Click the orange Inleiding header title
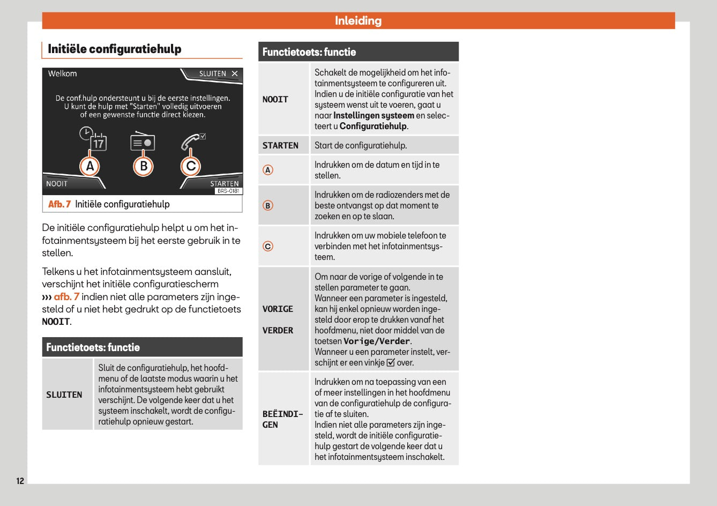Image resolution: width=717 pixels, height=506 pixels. pos(358,21)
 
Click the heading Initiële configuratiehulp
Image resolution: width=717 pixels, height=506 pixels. pos(115,49)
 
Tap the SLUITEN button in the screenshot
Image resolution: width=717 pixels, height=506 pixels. pos(218,74)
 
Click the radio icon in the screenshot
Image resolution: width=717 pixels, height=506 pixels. pos(143,142)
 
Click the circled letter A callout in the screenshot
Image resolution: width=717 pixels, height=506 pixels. pos(90,166)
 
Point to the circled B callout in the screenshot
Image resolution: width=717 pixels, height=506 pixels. pos(143,166)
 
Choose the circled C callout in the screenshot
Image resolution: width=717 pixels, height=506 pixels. pos(191,166)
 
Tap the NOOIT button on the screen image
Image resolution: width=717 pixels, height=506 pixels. pos(57,184)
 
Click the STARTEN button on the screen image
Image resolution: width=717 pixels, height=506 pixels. pos(224,183)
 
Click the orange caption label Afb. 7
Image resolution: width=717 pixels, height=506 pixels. pos(59,204)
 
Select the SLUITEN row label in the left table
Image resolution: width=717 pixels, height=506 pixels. pos(64,395)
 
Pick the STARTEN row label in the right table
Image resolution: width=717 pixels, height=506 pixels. pos(280,145)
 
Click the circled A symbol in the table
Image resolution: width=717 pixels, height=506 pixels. pos(268,170)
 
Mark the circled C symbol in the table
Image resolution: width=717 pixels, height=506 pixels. pos(268,246)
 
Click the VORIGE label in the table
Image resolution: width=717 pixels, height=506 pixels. pos(278,309)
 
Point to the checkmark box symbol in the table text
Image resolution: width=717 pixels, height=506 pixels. pos(391,363)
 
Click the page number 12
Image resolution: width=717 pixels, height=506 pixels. pos(20,481)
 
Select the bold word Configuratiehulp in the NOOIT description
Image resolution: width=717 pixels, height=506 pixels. pos(373,126)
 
